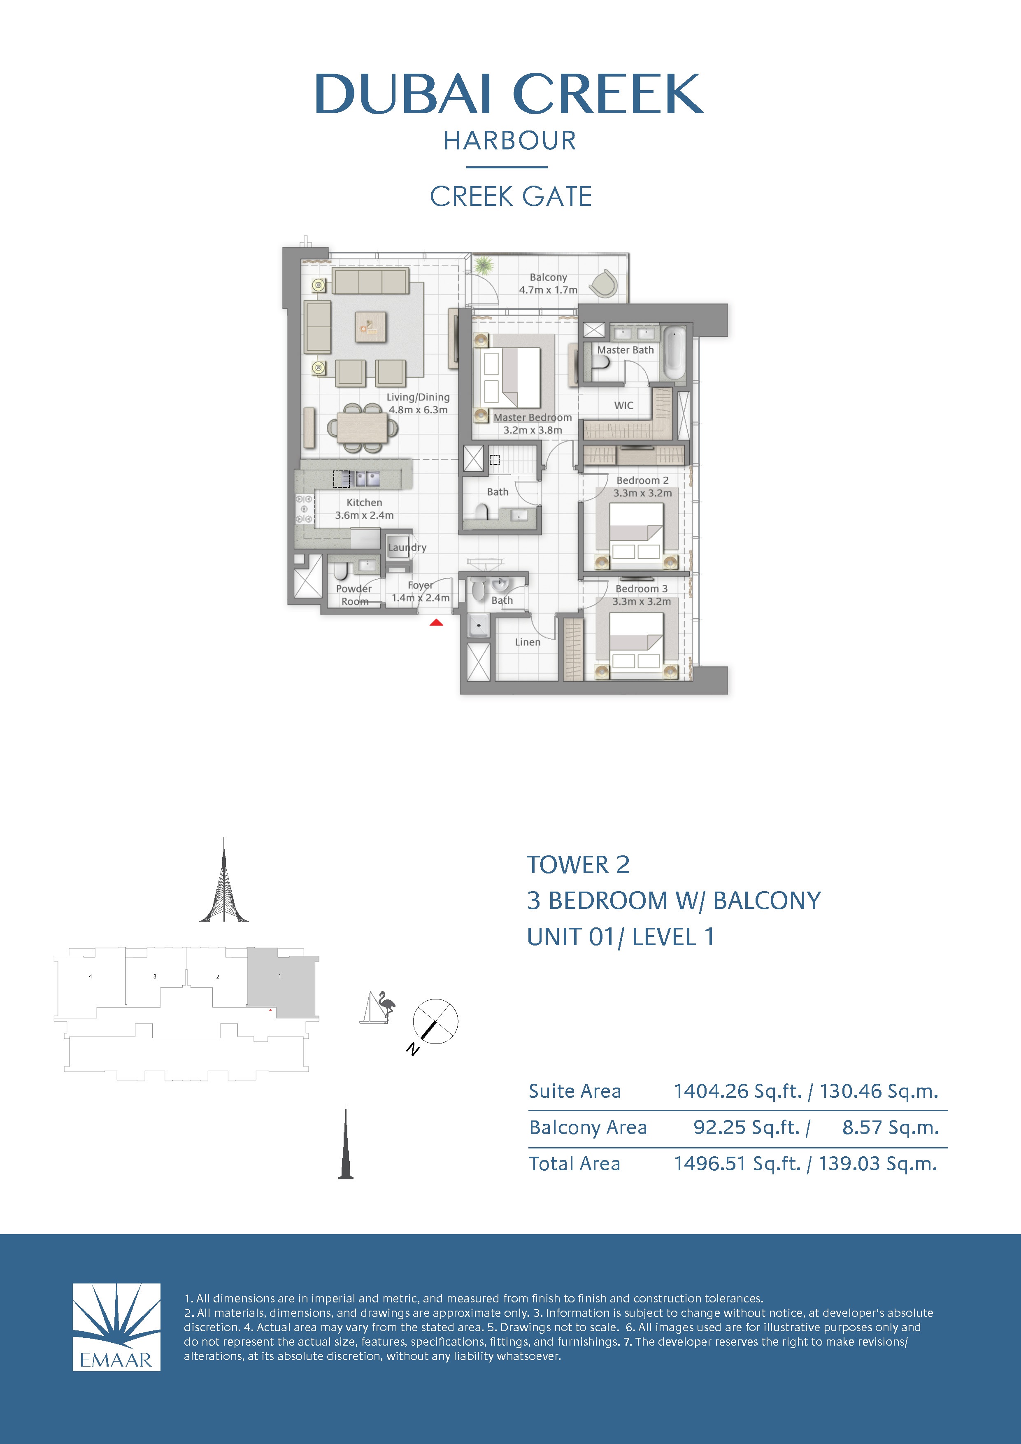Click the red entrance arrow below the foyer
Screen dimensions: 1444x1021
pos(436,623)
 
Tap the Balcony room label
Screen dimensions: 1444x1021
pos(548,277)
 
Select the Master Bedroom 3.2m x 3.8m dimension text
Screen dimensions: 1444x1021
pos(533,430)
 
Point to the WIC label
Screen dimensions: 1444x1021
pos(623,405)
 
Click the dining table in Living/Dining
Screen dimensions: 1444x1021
pos(361,428)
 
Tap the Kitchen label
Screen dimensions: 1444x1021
pos(364,503)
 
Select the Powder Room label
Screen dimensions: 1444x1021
pos(354,595)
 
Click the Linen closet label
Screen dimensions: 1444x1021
pos(528,642)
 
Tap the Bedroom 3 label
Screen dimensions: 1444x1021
pos(641,589)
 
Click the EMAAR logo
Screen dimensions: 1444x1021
pos(116,1327)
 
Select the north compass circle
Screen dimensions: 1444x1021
pos(435,1021)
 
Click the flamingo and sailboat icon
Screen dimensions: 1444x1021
pos(378,1008)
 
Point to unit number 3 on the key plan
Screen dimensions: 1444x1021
pos(155,977)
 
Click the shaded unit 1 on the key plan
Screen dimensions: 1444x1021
pos(280,981)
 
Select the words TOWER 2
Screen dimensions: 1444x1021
pos(578,865)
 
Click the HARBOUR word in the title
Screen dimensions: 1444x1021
pos(510,141)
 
